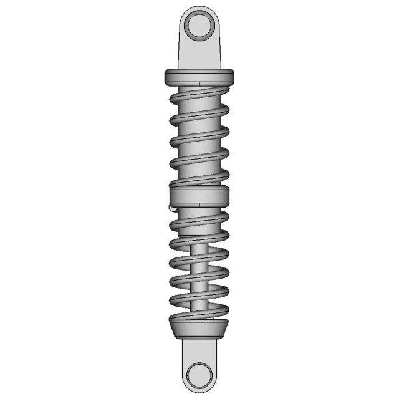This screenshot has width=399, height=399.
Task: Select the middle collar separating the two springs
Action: click(199, 196)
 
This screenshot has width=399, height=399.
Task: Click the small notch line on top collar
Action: click(197, 82)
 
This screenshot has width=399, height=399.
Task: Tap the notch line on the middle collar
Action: click(197, 202)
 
